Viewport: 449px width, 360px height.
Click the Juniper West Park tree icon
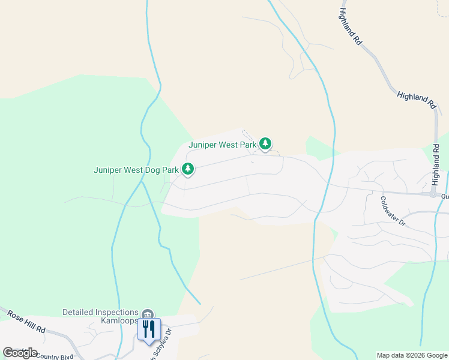[x=265, y=144]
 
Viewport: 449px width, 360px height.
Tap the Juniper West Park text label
[x=222, y=145]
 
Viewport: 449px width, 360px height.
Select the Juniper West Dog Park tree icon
[x=188, y=170]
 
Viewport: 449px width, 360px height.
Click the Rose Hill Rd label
[x=26, y=322]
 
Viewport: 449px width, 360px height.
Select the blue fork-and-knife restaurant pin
[x=149, y=329]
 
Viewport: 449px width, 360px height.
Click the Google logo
[x=20, y=353]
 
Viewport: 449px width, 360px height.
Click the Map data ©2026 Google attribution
[x=412, y=355]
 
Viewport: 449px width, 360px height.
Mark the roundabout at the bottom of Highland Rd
[x=433, y=194]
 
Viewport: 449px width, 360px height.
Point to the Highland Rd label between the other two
[x=416, y=100]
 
